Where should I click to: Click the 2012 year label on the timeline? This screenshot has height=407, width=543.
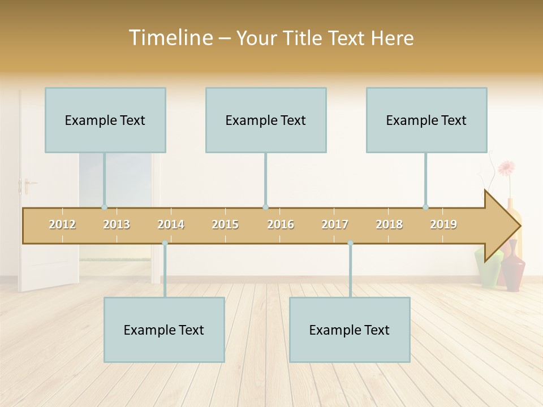pos(62,224)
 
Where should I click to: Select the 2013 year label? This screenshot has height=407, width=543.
pos(117,224)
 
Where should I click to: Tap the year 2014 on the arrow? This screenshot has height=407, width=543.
pos(171,224)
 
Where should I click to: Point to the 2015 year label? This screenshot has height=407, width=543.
pos(225,224)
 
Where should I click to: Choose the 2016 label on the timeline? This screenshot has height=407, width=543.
pos(281,224)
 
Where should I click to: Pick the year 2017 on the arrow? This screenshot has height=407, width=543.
pos(335,224)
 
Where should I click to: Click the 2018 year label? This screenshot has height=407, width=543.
pos(389,224)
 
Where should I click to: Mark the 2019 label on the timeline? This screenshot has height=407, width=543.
pos(443,224)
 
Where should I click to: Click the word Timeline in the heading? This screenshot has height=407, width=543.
pos(170,38)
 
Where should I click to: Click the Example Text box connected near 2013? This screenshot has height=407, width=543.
pos(105,120)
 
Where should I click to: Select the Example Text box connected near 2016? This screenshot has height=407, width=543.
pos(266,120)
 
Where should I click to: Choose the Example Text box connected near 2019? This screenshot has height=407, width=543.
pos(426,120)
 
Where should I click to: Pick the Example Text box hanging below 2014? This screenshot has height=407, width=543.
pos(164,330)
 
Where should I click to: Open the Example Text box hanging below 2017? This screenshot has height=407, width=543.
pos(350,330)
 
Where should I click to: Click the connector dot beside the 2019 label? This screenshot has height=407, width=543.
pos(426,207)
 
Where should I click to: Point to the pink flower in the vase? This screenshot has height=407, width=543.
pos(506,168)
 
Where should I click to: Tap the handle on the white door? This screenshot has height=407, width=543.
pos(25,184)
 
